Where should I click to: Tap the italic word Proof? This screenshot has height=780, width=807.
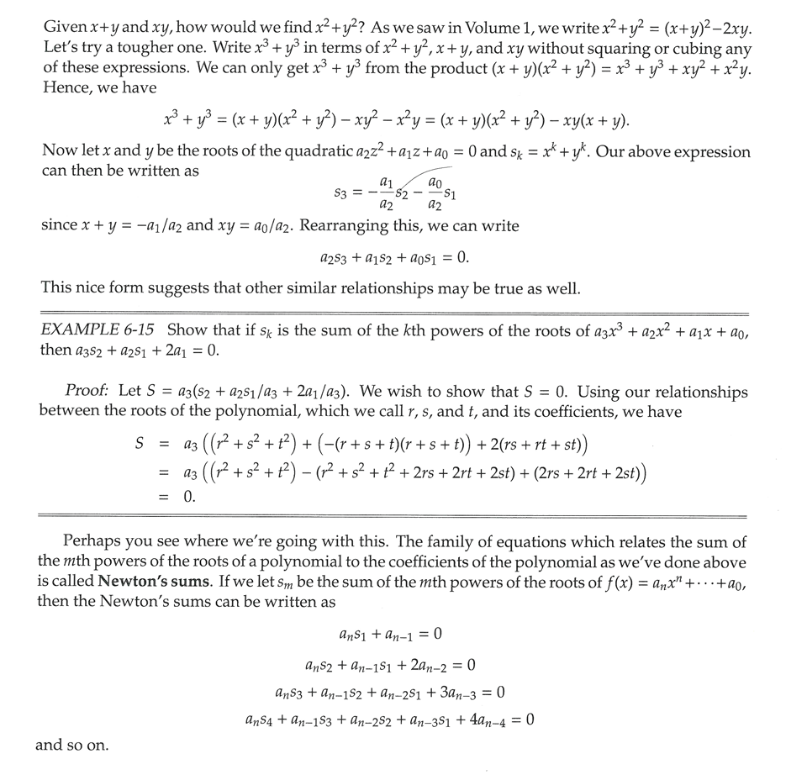point(87,392)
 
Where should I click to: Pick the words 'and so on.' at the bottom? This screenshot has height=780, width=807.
point(71,745)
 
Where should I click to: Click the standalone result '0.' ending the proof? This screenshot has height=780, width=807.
point(190,498)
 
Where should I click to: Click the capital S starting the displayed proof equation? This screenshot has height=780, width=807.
point(140,443)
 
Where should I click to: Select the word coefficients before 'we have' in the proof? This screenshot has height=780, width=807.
point(591,412)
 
